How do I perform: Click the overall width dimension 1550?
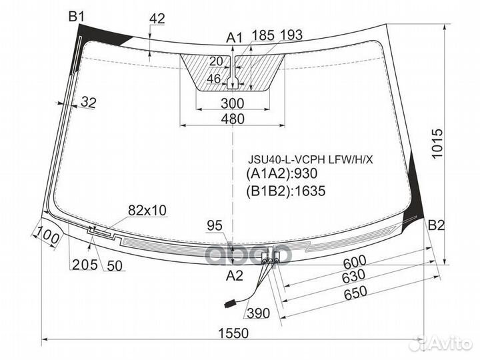pyautogui.click(x=233, y=333)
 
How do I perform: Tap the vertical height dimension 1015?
pyautogui.click(x=438, y=143)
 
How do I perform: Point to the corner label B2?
pyautogui.click(x=436, y=225)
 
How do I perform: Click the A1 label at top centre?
pyautogui.click(x=234, y=38)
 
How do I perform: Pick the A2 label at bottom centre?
pyautogui.click(x=234, y=276)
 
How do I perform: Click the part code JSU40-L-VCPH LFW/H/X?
pyautogui.click(x=311, y=159)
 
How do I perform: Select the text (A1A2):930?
pyautogui.click(x=281, y=173)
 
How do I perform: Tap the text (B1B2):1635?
pyautogui.click(x=285, y=191)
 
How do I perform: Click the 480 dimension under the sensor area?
pyautogui.click(x=233, y=119)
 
